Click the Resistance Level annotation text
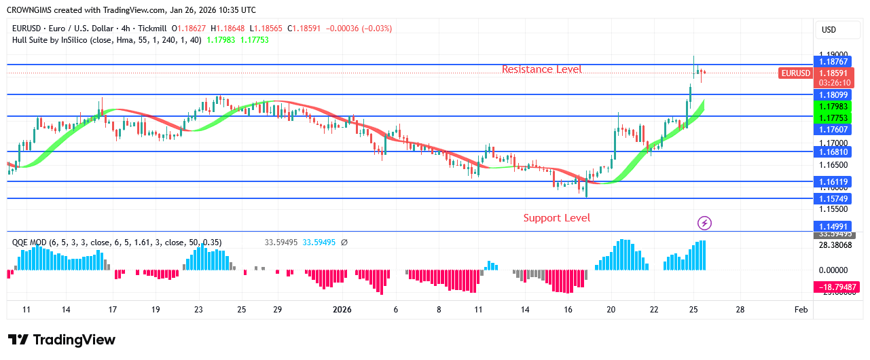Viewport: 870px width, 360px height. point(541,69)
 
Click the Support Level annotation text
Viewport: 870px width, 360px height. point(556,218)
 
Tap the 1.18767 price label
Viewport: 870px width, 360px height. point(834,62)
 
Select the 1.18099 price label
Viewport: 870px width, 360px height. point(834,95)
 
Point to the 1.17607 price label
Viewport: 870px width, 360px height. point(834,130)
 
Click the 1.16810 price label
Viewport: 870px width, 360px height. point(834,153)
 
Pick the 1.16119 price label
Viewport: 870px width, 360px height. point(834,182)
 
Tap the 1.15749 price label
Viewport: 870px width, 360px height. point(834,199)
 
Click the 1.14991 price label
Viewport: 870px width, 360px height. point(834,226)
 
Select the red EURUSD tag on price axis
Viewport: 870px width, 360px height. point(795,73)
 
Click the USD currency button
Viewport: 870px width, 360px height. point(829,30)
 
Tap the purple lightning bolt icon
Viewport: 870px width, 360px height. point(705,223)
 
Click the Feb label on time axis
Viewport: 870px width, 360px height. point(801,310)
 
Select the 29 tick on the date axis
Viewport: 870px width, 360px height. point(277,310)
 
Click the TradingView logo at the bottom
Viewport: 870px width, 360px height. point(62,340)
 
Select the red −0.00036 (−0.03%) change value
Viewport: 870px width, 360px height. point(359,29)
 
